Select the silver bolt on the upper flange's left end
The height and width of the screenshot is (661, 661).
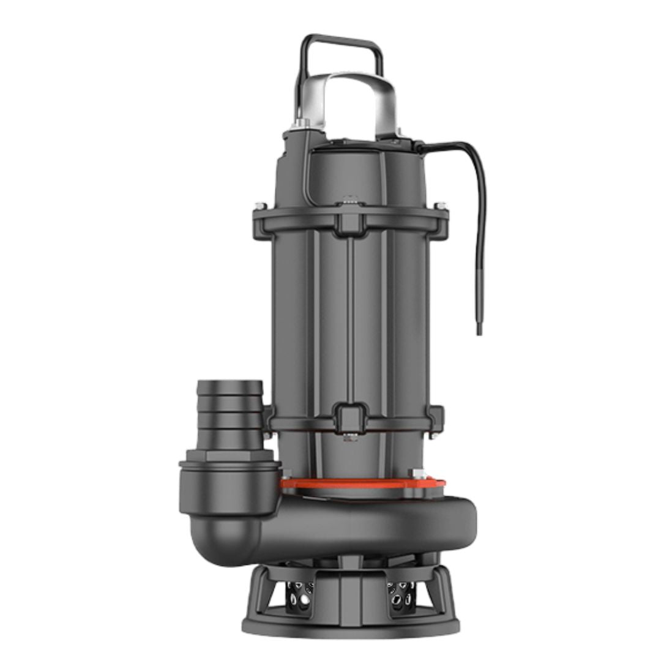click(261, 206)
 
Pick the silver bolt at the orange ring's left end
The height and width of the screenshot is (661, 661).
click(286, 473)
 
